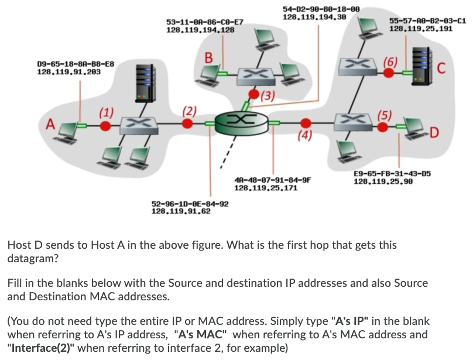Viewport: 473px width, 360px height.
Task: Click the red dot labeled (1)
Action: pos(105,126)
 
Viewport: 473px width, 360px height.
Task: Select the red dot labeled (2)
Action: pos(187,124)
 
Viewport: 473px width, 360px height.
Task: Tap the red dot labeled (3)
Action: pos(254,94)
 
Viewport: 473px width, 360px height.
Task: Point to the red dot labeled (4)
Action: pos(306,123)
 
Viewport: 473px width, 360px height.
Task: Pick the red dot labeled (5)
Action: pos(382,127)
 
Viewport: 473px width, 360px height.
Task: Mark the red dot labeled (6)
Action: pos(389,73)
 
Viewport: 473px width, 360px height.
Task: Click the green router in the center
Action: pos(241,123)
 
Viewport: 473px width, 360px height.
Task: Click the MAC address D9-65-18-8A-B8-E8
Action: pos(76,64)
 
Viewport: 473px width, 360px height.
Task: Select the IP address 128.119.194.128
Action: pos(200,30)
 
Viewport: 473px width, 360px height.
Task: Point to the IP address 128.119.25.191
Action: pos(421,29)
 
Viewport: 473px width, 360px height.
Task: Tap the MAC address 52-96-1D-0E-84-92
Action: pos(190,204)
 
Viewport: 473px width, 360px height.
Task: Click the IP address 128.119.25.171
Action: pos(266,188)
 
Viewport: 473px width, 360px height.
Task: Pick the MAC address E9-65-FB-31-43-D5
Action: pos(392,174)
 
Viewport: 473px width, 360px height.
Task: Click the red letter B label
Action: pos(208,57)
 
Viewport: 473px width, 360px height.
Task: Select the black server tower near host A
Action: pos(146,83)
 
